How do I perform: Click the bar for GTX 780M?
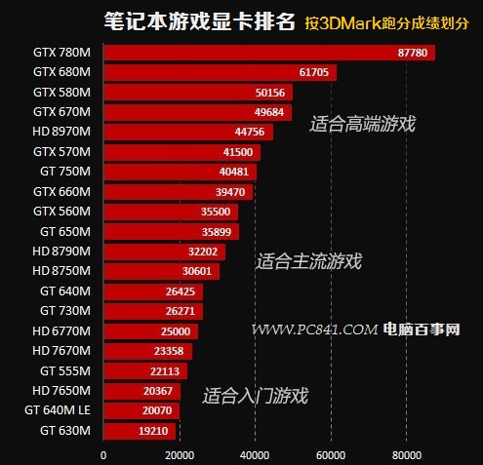click(x=268, y=52)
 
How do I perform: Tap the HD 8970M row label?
click(x=62, y=132)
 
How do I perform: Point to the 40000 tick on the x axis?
click(x=255, y=453)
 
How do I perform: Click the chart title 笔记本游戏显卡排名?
click(x=185, y=21)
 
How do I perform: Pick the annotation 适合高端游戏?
click(x=362, y=124)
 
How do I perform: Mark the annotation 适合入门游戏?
click(x=255, y=396)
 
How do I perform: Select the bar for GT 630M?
click(x=139, y=430)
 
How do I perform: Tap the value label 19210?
click(x=154, y=430)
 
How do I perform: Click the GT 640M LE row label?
click(x=57, y=410)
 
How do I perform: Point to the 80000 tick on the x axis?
click(x=406, y=453)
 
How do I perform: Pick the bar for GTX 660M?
click(x=178, y=191)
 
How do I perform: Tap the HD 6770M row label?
click(x=62, y=330)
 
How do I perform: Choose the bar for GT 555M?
click(x=144, y=370)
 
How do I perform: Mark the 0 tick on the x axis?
click(x=103, y=453)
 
